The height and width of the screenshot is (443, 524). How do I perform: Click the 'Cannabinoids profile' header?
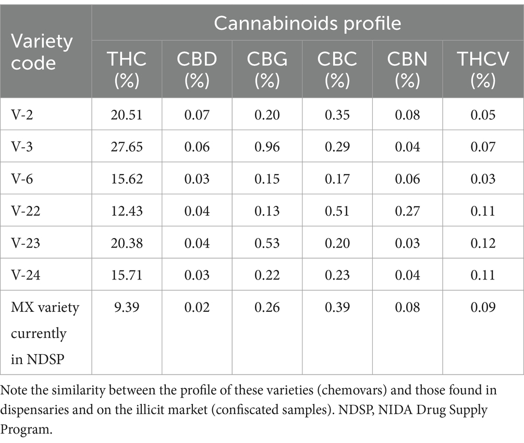[308, 24]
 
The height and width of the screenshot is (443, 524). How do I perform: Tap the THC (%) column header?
[126, 69]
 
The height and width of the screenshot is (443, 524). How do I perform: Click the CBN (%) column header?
[408, 69]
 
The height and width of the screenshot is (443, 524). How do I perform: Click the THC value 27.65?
[127, 147]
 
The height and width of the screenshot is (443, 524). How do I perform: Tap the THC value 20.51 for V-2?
[127, 115]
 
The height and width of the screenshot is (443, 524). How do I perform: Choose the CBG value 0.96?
[267, 147]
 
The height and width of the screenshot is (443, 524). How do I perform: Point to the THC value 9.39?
[127, 308]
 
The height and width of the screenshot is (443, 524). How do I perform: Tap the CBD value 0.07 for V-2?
[197, 115]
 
